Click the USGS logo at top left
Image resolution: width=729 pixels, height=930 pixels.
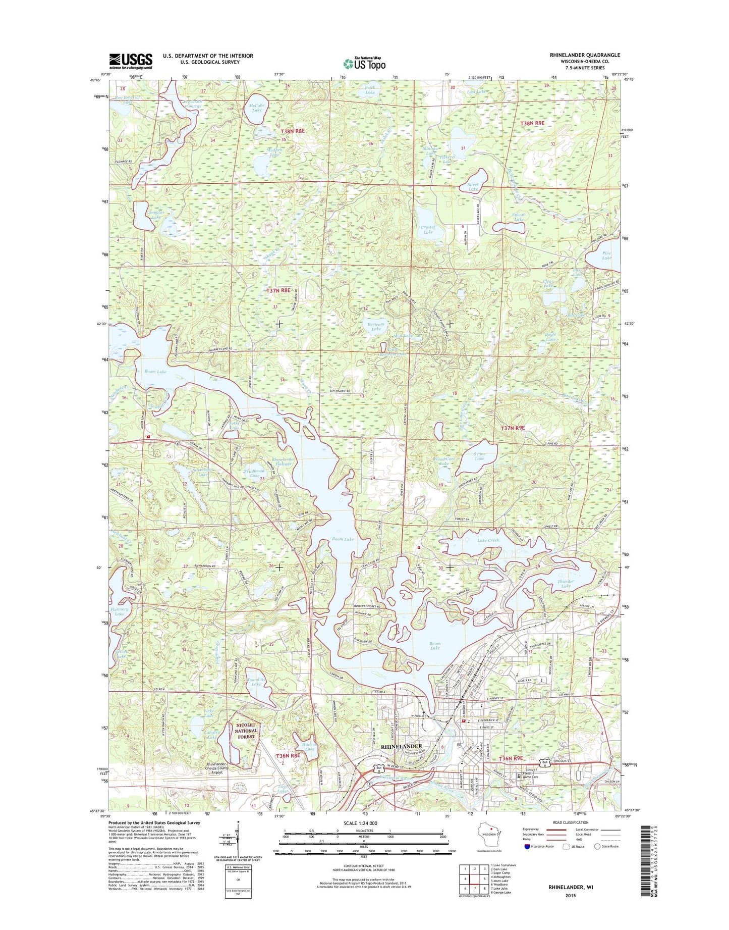point(131,61)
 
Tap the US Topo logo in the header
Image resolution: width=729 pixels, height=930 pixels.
point(364,63)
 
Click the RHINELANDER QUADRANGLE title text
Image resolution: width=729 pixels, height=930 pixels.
point(585,55)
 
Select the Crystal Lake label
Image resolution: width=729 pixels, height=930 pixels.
point(428,230)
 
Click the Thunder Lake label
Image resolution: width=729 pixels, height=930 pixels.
point(566,584)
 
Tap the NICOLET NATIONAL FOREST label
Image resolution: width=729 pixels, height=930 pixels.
point(246,731)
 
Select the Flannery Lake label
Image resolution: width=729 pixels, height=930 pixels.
point(119,611)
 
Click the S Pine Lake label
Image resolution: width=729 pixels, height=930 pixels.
point(479,456)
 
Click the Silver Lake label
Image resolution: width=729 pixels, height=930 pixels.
point(473,187)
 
